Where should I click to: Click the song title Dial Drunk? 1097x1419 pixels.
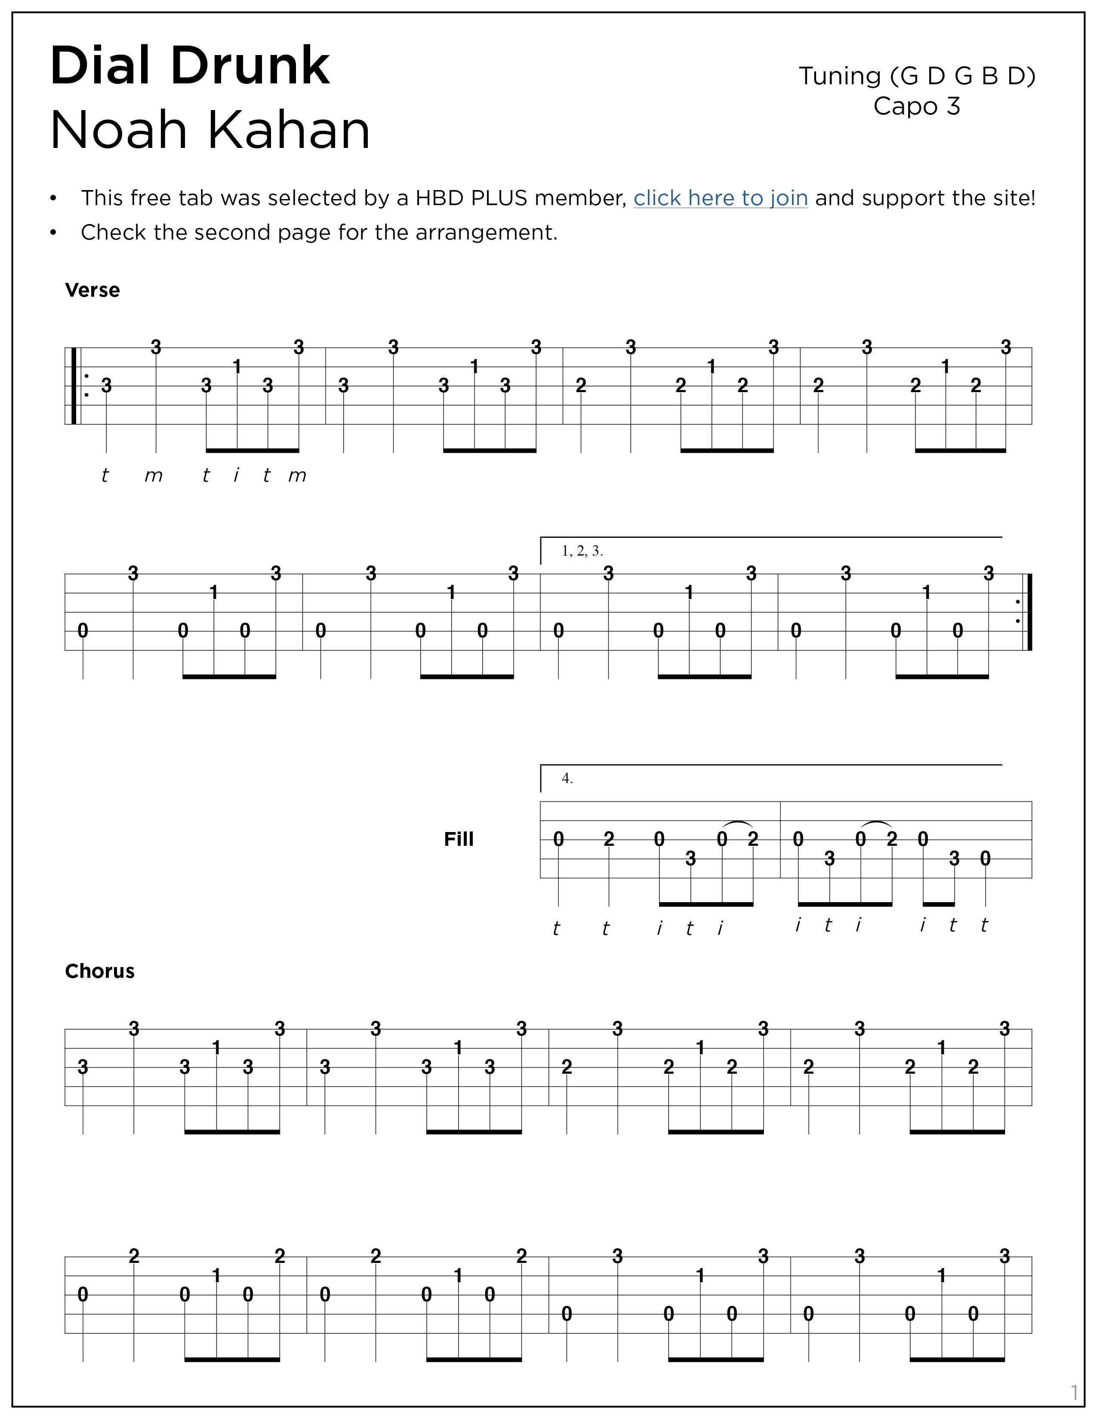click(x=190, y=66)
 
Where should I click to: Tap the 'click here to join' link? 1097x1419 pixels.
click(x=720, y=198)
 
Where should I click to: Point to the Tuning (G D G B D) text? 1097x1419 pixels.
click(x=916, y=77)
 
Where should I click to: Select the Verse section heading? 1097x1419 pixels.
click(x=92, y=290)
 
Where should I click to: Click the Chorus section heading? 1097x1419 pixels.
click(x=99, y=971)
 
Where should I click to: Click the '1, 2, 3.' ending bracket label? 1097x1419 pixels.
click(x=582, y=552)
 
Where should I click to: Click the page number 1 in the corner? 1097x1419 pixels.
click(x=1074, y=1392)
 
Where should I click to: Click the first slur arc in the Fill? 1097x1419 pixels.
click(x=738, y=824)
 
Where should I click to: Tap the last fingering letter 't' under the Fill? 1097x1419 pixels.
click(x=984, y=925)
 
